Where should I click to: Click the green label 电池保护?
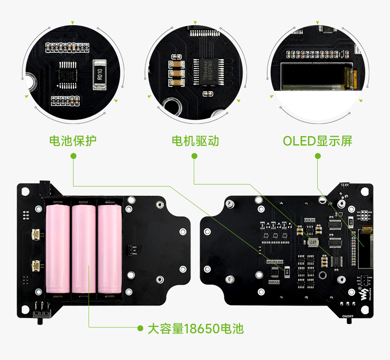73,141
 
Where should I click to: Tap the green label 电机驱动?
195,141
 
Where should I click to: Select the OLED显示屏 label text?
318,141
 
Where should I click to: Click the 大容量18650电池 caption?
195,328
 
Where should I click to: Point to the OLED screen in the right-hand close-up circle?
313,76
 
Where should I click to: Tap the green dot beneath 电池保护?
73,156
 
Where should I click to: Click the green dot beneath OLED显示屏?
318,156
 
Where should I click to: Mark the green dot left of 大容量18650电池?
140,328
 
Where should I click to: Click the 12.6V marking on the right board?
345,185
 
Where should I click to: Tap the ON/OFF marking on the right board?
348,316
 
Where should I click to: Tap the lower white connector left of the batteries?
35,266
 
